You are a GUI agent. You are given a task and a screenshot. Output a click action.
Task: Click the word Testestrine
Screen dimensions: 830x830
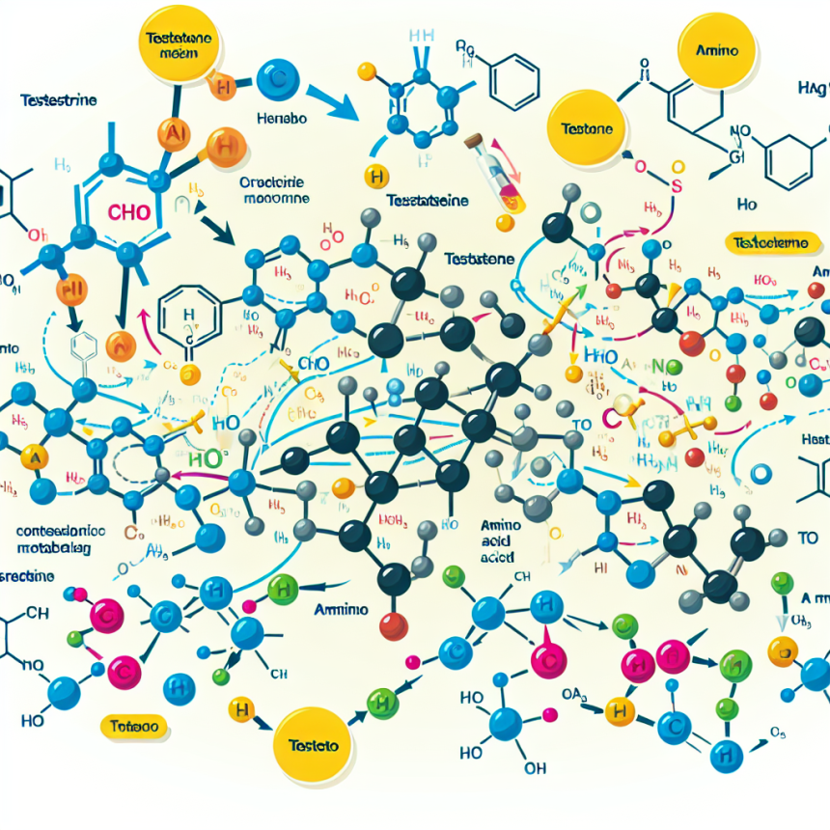point(59,99)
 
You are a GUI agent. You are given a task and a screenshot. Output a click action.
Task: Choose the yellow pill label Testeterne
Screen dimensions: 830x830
point(768,243)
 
